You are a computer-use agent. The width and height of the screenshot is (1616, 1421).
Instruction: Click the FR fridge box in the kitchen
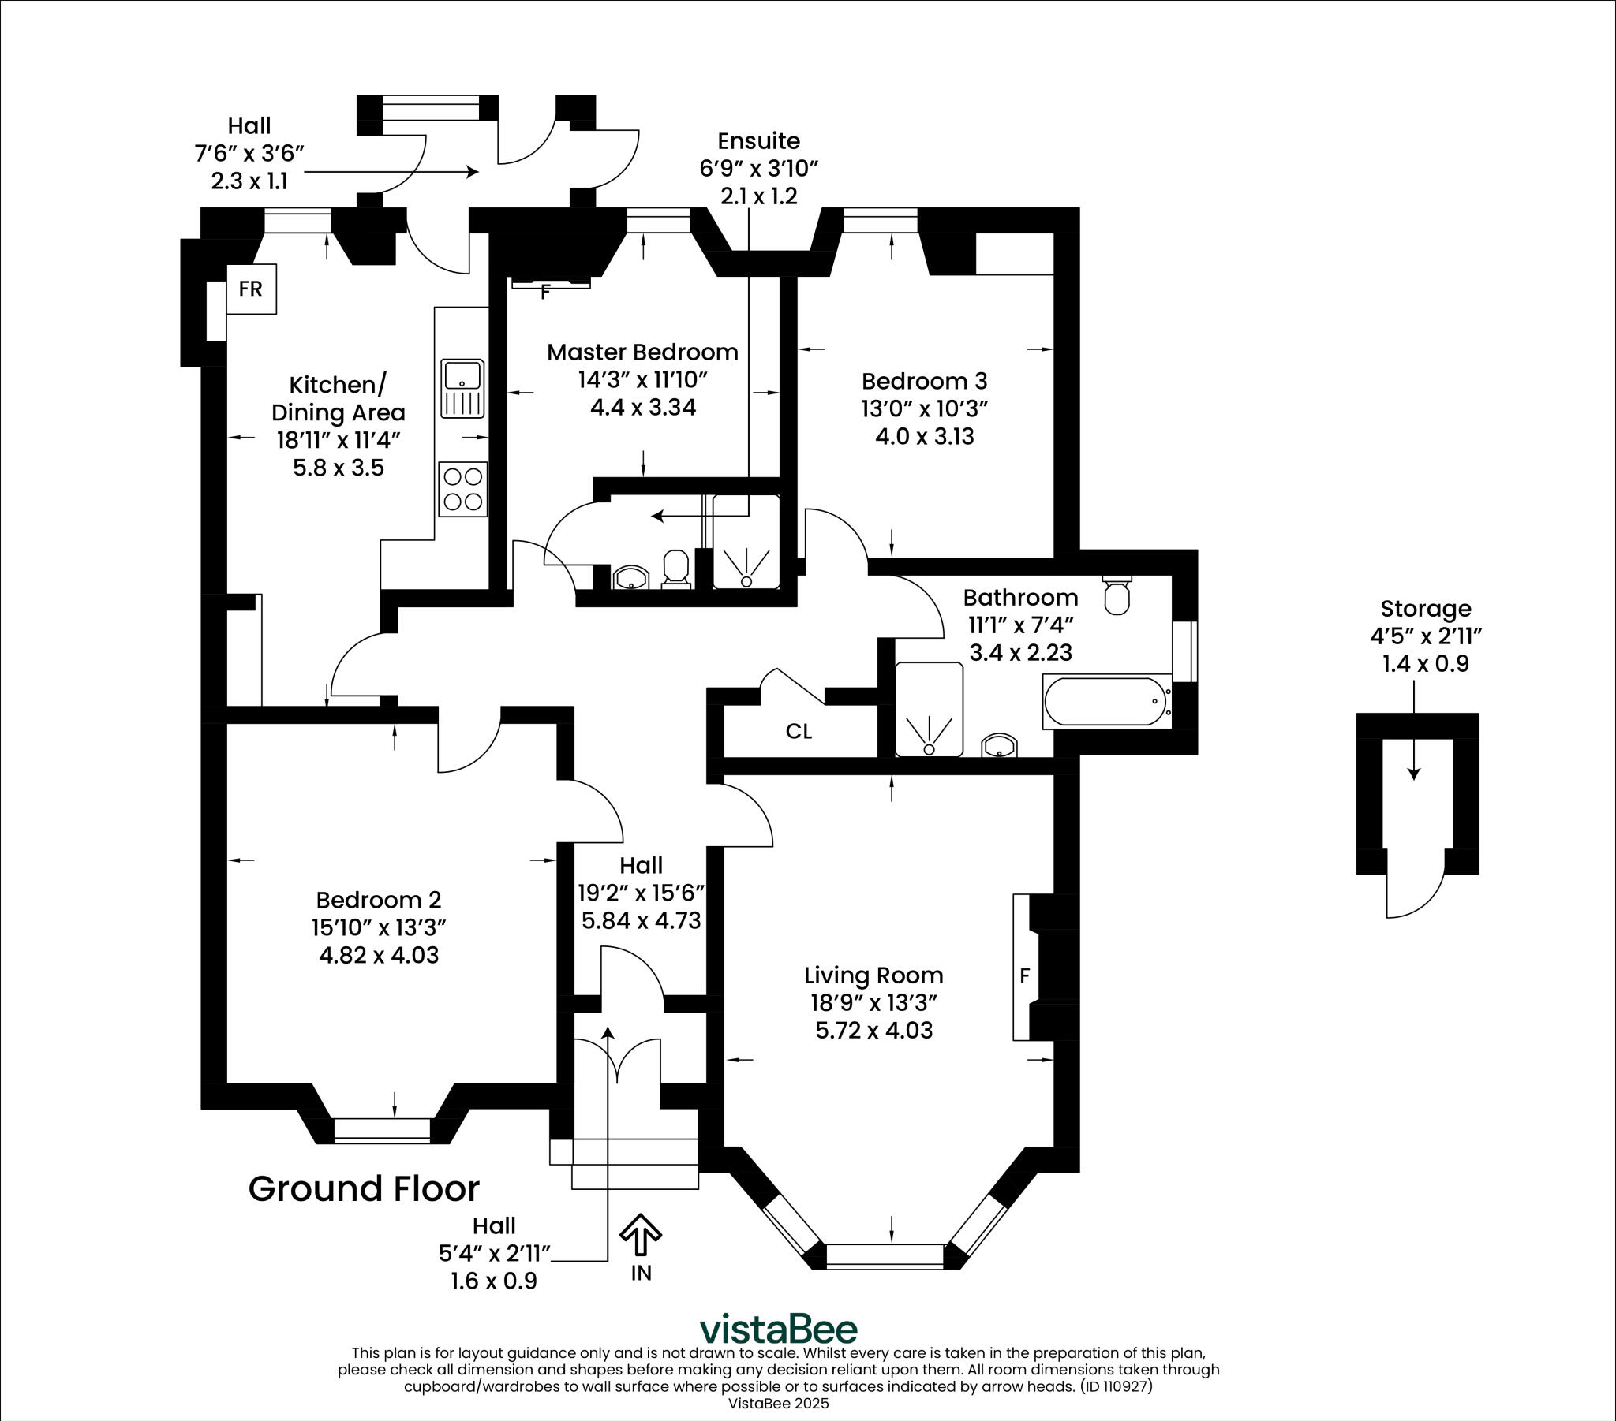(x=251, y=289)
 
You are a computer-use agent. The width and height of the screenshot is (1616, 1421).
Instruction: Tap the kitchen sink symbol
(x=462, y=388)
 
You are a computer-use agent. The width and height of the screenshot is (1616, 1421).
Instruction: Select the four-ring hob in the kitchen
(x=462, y=489)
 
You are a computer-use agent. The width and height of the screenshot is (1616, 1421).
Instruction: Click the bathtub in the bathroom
(x=1106, y=701)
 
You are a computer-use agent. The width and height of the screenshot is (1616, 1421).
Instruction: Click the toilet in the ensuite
(x=676, y=569)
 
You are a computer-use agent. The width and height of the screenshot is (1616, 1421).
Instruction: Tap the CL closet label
(x=799, y=731)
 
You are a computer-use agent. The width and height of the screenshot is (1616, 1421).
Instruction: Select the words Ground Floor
(x=364, y=1188)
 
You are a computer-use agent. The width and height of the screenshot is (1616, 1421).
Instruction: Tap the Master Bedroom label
(x=642, y=352)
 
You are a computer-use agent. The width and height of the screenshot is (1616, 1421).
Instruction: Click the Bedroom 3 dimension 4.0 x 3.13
(x=924, y=436)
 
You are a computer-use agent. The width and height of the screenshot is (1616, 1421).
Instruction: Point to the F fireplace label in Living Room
(x=1025, y=976)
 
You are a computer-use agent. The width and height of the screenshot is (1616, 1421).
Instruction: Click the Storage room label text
(x=1426, y=609)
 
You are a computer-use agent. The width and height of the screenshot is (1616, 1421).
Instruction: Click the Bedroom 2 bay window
(x=383, y=1130)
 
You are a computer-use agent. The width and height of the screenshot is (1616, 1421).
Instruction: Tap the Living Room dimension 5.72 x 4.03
(x=873, y=1030)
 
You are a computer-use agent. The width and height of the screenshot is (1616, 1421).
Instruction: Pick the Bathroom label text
(x=1020, y=597)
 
